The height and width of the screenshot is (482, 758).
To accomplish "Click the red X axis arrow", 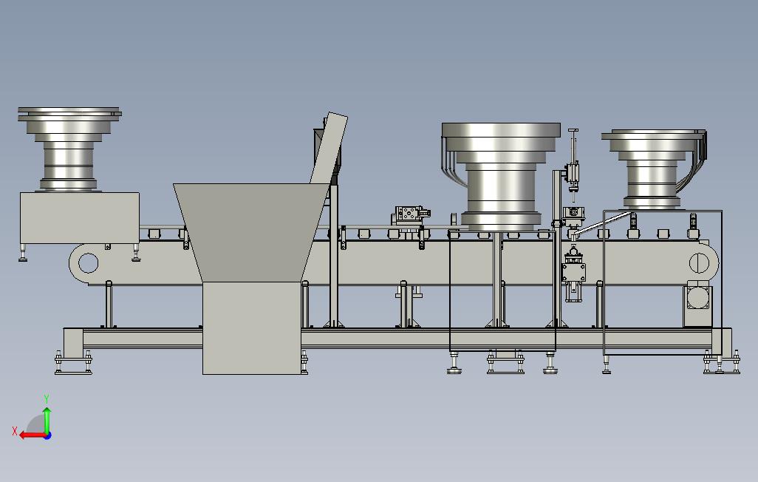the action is click(32, 435).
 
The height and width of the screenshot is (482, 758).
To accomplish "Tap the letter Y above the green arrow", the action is click(47, 399).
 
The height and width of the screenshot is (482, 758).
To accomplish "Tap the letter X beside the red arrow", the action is click(15, 431).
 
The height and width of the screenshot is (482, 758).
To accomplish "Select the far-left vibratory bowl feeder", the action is click(69, 149).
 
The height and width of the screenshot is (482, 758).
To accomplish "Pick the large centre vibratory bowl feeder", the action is click(501, 176).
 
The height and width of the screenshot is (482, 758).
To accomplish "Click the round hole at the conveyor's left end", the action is click(88, 263).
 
